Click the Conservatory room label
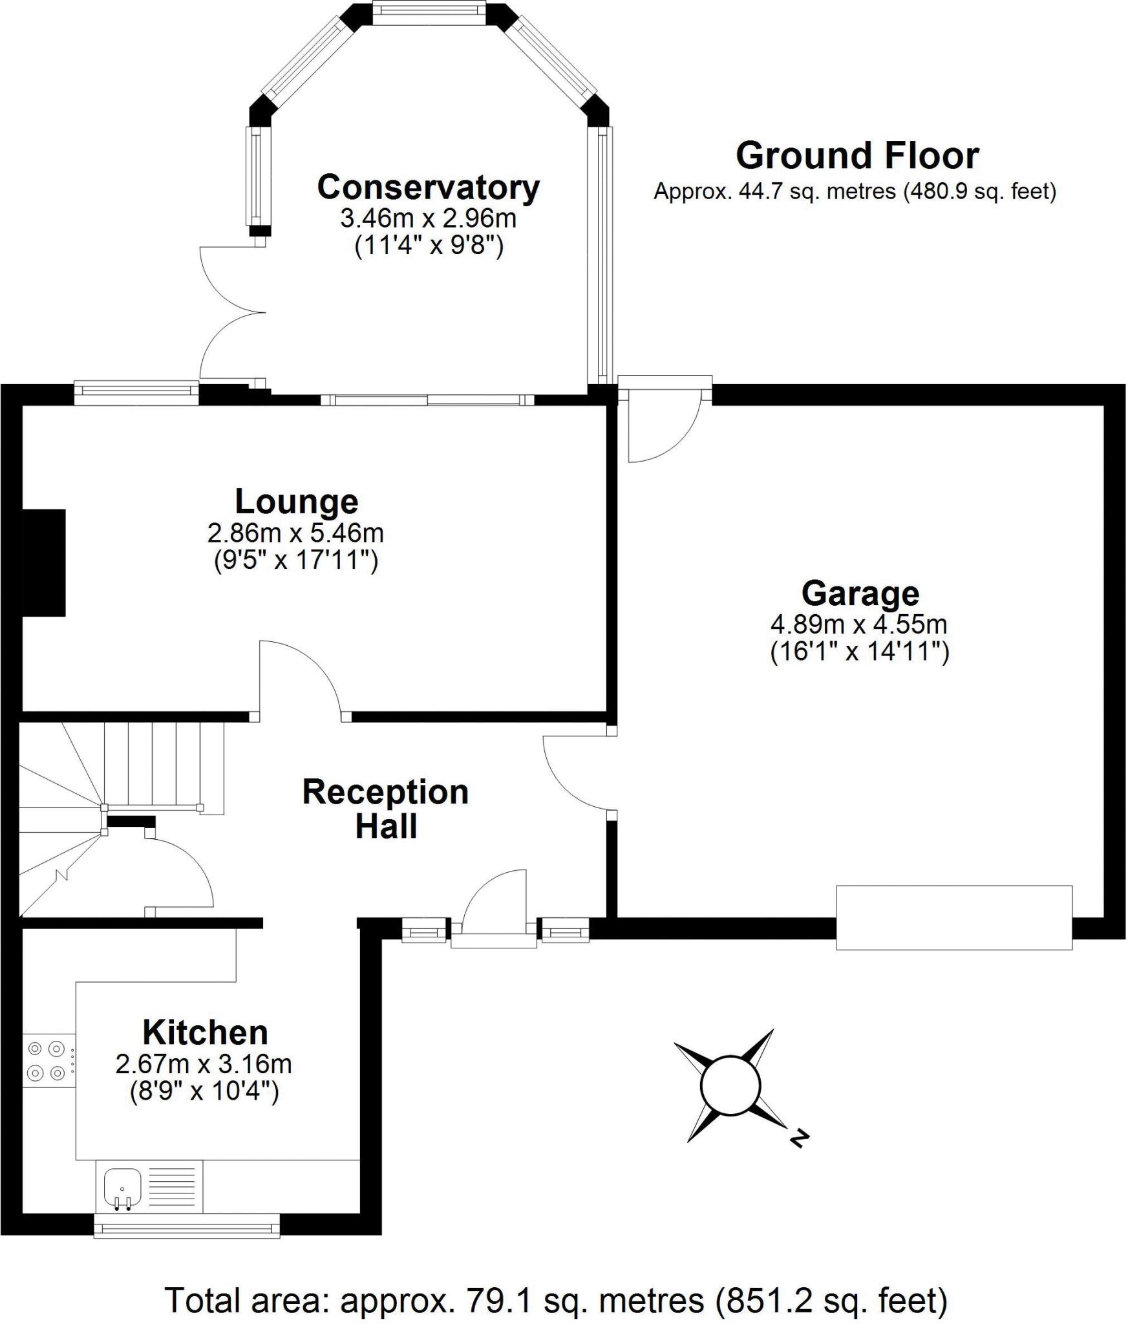click(428, 188)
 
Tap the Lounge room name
click(296, 502)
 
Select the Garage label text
click(860, 593)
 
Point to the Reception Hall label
click(385, 809)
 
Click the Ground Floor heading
click(857, 156)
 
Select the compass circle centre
click(730, 1086)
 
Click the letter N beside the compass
click(800, 1138)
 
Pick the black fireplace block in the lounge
click(44, 562)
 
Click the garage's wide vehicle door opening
click(953, 917)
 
